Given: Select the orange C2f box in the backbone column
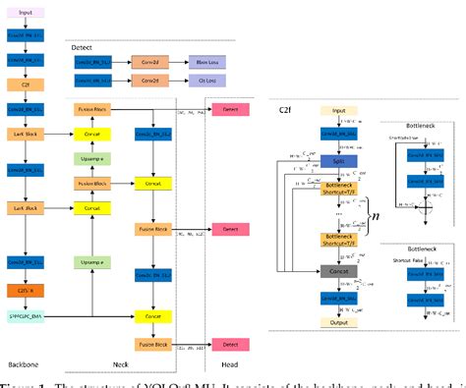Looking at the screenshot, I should point(26,84).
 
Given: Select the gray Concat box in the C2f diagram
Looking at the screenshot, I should point(339,269).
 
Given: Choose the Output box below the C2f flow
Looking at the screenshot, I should point(339,320).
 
